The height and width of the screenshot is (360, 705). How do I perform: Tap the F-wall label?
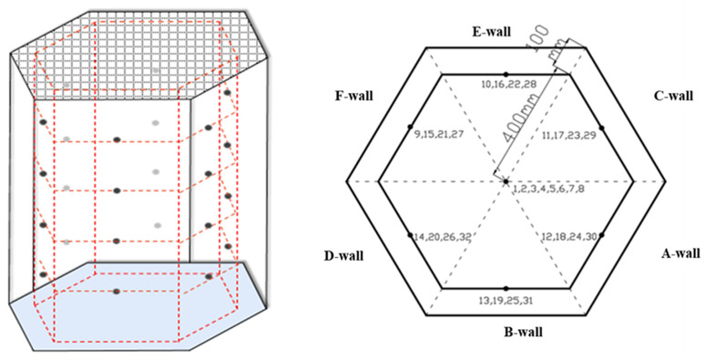pos(353,96)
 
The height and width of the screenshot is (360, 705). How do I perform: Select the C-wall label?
pos(673,96)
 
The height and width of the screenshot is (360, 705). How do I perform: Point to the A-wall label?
pos(680,253)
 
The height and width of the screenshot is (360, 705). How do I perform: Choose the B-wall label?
pos(523,332)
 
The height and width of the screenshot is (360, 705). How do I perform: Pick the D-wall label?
pos(343,256)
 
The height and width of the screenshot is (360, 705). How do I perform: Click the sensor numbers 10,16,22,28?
pos(506,83)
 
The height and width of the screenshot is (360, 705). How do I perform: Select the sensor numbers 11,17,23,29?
pos(568,135)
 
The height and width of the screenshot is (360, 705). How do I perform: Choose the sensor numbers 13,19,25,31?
pos(506,301)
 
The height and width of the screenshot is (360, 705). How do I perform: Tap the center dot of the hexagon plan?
pos(506,181)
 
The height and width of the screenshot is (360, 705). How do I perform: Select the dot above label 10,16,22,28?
pos(506,74)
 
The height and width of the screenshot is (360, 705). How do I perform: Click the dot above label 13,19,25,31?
pos(506,288)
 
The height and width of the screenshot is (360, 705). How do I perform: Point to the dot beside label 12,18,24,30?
pos(601,235)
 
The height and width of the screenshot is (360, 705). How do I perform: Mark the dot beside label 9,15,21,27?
pos(410,127)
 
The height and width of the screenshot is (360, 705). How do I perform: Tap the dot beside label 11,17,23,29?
pos(601,128)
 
